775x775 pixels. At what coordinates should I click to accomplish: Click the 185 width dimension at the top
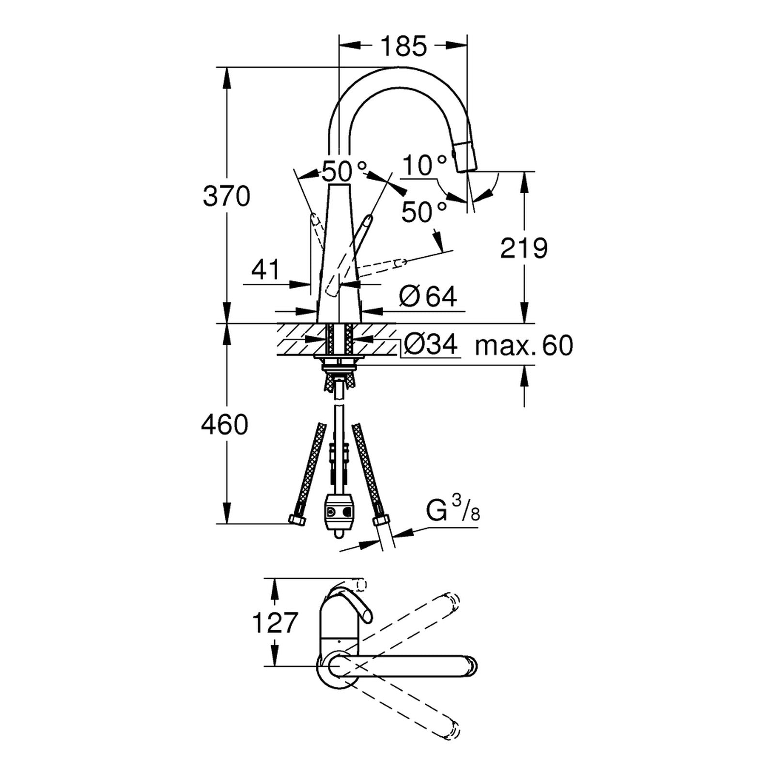(x=403, y=46)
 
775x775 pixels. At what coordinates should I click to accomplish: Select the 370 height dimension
(x=226, y=196)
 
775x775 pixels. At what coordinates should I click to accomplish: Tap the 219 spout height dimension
(x=524, y=248)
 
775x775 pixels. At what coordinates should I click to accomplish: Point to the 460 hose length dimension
(x=225, y=424)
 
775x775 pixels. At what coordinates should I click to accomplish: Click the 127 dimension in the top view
(x=274, y=622)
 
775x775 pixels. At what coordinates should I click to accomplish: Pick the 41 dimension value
(x=266, y=269)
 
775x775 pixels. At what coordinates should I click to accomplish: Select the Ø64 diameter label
(x=428, y=296)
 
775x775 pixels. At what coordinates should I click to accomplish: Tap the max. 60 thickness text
(x=524, y=345)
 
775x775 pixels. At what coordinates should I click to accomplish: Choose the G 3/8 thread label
(x=453, y=511)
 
